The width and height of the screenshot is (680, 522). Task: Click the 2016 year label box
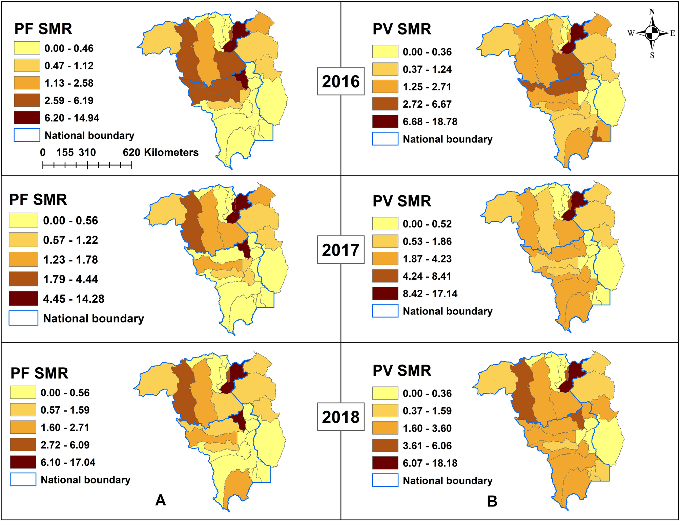[341, 81]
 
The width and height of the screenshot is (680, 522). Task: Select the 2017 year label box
[341, 249]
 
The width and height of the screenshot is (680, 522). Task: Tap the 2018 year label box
[341, 417]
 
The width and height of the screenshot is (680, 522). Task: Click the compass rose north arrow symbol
[652, 33]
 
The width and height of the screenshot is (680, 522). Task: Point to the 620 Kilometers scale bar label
[161, 152]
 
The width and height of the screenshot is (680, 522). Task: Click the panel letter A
[160, 500]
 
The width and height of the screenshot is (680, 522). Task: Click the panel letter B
[492, 501]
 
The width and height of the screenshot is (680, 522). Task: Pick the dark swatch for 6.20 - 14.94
[27, 118]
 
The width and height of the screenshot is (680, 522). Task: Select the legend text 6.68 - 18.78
[430, 122]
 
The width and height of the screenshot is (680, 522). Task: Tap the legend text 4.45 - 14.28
[74, 299]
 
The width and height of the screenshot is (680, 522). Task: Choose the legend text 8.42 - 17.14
[430, 293]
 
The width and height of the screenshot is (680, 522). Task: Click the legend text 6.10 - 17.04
[68, 462]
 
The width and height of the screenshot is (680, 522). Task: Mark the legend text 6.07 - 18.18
[430, 463]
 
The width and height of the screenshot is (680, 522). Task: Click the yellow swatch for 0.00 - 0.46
[27, 48]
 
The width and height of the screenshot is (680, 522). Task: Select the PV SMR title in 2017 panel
[402, 201]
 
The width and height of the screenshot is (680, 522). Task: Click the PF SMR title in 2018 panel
[39, 373]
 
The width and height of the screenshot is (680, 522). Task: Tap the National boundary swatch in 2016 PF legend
[27, 135]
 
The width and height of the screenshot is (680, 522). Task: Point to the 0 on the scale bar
[43, 152]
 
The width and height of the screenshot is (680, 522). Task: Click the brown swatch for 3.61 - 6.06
[385, 445]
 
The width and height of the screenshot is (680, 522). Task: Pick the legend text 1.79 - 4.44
[70, 279]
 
